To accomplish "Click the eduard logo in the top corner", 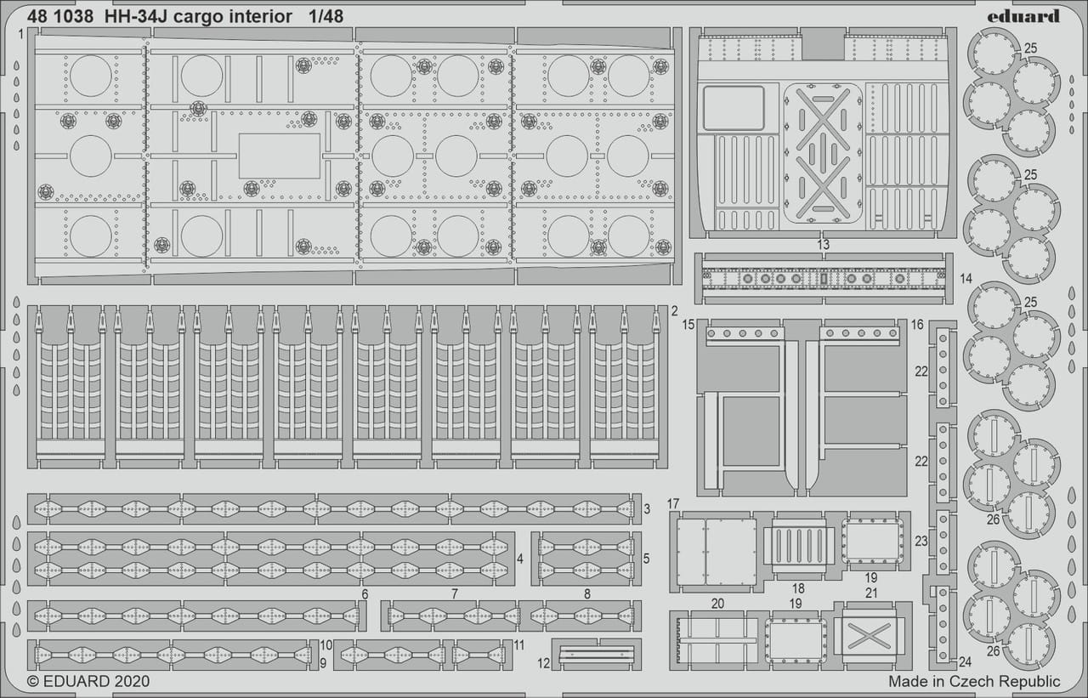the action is (x=1023, y=16).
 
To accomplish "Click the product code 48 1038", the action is (x=60, y=16).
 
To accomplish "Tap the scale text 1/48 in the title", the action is (x=326, y=16).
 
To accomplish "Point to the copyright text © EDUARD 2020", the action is (x=88, y=681).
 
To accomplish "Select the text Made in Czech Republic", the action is (x=974, y=681).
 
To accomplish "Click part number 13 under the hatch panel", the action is (x=823, y=244).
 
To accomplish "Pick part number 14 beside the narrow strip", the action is (x=966, y=278).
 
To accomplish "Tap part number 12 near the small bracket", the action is (x=543, y=663).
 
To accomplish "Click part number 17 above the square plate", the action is (x=673, y=503).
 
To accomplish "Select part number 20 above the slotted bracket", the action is (x=717, y=604).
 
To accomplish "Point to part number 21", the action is (x=871, y=593).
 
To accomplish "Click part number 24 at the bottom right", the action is (x=965, y=661).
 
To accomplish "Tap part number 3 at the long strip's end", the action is (x=647, y=509).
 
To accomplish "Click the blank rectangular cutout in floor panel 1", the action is (x=280, y=156).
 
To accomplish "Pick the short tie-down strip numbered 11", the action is (x=482, y=655).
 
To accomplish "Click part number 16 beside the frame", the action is (x=917, y=325).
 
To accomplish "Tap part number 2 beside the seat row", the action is (x=675, y=311).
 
